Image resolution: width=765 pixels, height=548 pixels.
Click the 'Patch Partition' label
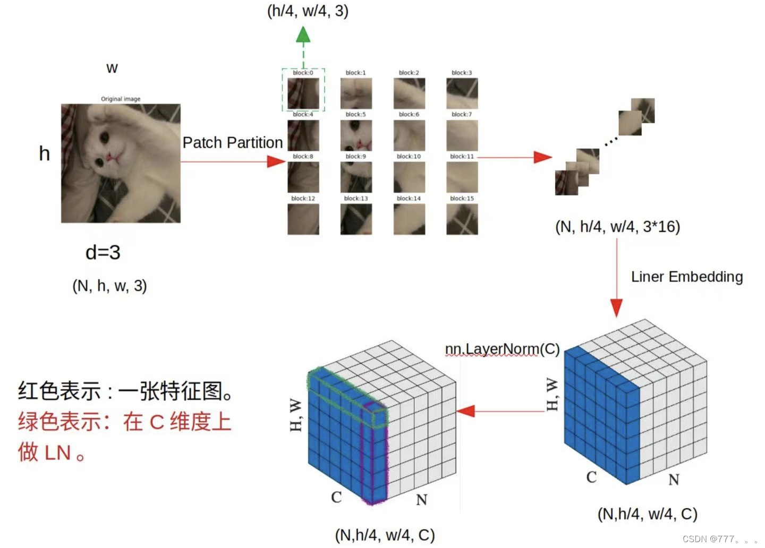[232, 142]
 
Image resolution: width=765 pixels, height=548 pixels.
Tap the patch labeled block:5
[356, 135]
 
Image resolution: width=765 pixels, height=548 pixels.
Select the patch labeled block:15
[462, 219]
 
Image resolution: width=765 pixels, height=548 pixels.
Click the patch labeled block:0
[303, 93]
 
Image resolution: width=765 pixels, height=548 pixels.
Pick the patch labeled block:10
[409, 177]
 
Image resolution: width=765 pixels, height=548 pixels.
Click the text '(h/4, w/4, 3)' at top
[308, 11]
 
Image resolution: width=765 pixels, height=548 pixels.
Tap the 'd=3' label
[103, 252]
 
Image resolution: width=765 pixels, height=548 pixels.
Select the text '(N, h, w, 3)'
[109, 286]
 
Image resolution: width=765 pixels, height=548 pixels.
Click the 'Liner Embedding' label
[686, 277]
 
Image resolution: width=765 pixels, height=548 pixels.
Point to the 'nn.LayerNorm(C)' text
[502, 349]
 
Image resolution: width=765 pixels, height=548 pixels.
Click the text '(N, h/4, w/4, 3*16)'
[617, 227]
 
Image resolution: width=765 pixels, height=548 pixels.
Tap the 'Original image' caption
[121, 99]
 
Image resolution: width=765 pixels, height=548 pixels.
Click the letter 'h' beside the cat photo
[45, 154]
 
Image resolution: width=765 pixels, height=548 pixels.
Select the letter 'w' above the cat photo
[112, 68]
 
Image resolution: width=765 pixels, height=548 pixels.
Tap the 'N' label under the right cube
[674, 480]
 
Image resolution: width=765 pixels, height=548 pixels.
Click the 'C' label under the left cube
[336, 497]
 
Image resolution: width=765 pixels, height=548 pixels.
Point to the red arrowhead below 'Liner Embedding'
[616, 308]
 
